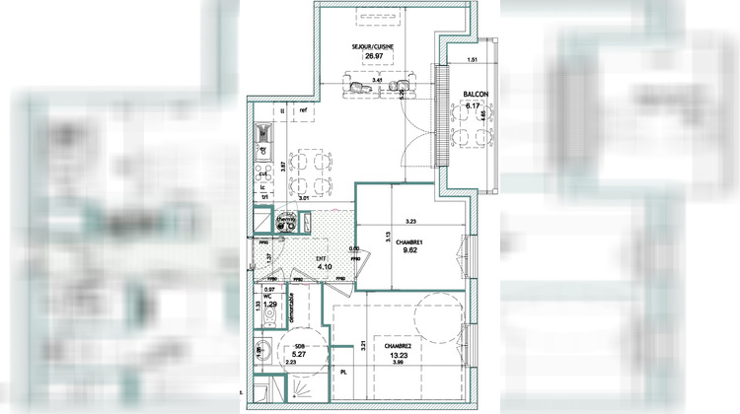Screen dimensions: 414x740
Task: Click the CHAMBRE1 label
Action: tap(409, 242)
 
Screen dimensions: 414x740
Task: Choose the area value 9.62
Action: tap(409, 252)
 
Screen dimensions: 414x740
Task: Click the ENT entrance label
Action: tap(322, 258)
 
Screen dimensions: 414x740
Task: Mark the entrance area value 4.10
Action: tap(322, 267)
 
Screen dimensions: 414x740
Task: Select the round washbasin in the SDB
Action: tap(263, 350)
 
